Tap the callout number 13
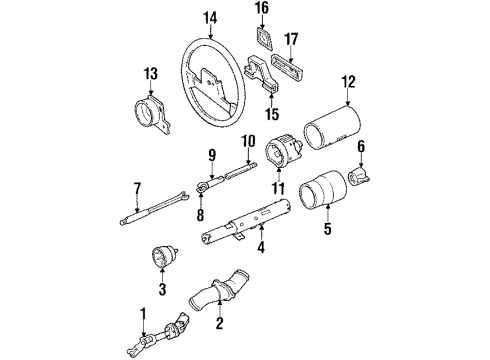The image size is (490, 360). point(151,73)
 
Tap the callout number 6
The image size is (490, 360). point(362,145)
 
